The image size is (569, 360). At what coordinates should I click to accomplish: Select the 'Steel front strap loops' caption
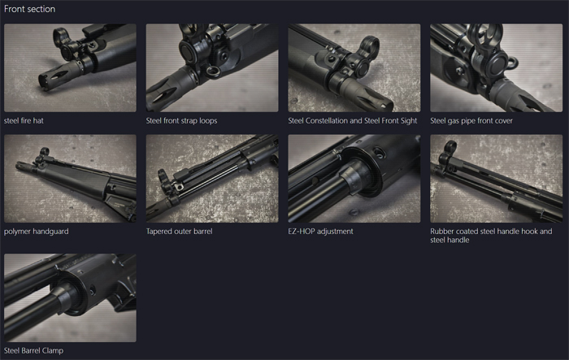pyautogui.click(x=181, y=120)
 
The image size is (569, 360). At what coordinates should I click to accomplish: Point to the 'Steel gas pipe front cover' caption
pyautogui.click(x=471, y=120)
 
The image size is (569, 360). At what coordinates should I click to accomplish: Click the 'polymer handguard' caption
pyautogui.click(x=36, y=231)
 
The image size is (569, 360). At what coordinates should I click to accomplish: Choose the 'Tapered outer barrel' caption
pyautogui.click(x=179, y=231)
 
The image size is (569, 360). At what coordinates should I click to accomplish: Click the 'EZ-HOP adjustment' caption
pyautogui.click(x=320, y=231)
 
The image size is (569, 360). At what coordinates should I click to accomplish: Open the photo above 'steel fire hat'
pyautogui.click(x=70, y=67)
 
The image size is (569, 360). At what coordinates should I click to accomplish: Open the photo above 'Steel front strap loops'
pyautogui.click(x=212, y=67)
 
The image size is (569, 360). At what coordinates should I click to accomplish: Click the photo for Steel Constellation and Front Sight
pyautogui.click(x=354, y=67)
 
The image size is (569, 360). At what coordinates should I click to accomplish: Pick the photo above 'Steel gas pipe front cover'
pyautogui.click(x=496, y=67)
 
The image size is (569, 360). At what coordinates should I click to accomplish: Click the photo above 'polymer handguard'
pyautogui.click(x=70, y=178)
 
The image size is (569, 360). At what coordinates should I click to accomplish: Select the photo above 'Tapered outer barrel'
pyautogui.click(x=212, y=178)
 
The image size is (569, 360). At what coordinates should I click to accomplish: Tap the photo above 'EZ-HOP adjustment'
pyautogui.click(x=354, y=178)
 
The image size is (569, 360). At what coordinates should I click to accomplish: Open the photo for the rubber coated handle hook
pyautogui.click(x=496, y=178)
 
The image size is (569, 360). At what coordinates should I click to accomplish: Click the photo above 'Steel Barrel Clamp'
pyautogui.click(x=70, y=297)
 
